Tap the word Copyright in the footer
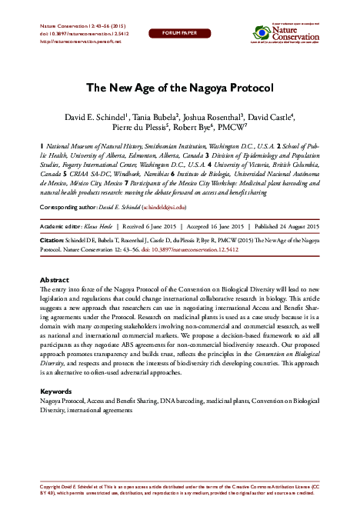52,487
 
